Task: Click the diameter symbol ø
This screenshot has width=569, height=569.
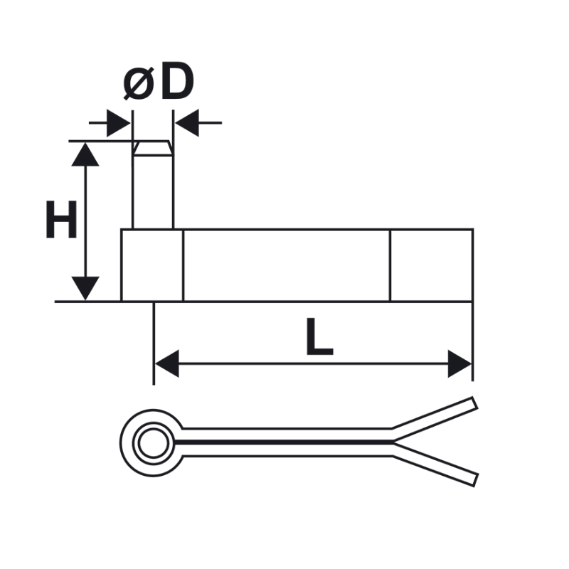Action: [x=138, y=84]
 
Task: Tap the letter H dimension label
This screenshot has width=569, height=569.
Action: [x=62, y=220]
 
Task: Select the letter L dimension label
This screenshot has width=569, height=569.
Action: [x=319, y=336]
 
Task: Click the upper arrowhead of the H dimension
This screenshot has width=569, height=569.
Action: [x=85, y=154]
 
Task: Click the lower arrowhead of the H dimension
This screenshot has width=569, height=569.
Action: [x=85, y=289]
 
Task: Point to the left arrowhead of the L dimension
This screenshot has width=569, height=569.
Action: [x=166, y=363]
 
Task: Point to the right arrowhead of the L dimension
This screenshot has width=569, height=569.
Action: [x=459, y=363]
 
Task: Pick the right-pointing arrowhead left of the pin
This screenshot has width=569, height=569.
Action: [x=119, y=123]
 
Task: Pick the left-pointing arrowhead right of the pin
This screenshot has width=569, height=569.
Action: [x=187, y=123]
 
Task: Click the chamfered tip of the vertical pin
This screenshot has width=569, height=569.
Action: [x=153, y=148]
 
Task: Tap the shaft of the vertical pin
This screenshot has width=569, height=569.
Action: [x=153, y=192]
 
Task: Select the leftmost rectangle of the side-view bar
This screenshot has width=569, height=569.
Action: [x=152, y=265]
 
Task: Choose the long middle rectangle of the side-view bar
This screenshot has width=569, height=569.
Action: [x=287, y=265]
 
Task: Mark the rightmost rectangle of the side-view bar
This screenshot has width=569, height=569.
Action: [x=432, y=265]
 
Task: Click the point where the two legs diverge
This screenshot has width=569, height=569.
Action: [x=393, y=442]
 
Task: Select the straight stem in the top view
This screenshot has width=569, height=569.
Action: [x=287, y=442]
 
